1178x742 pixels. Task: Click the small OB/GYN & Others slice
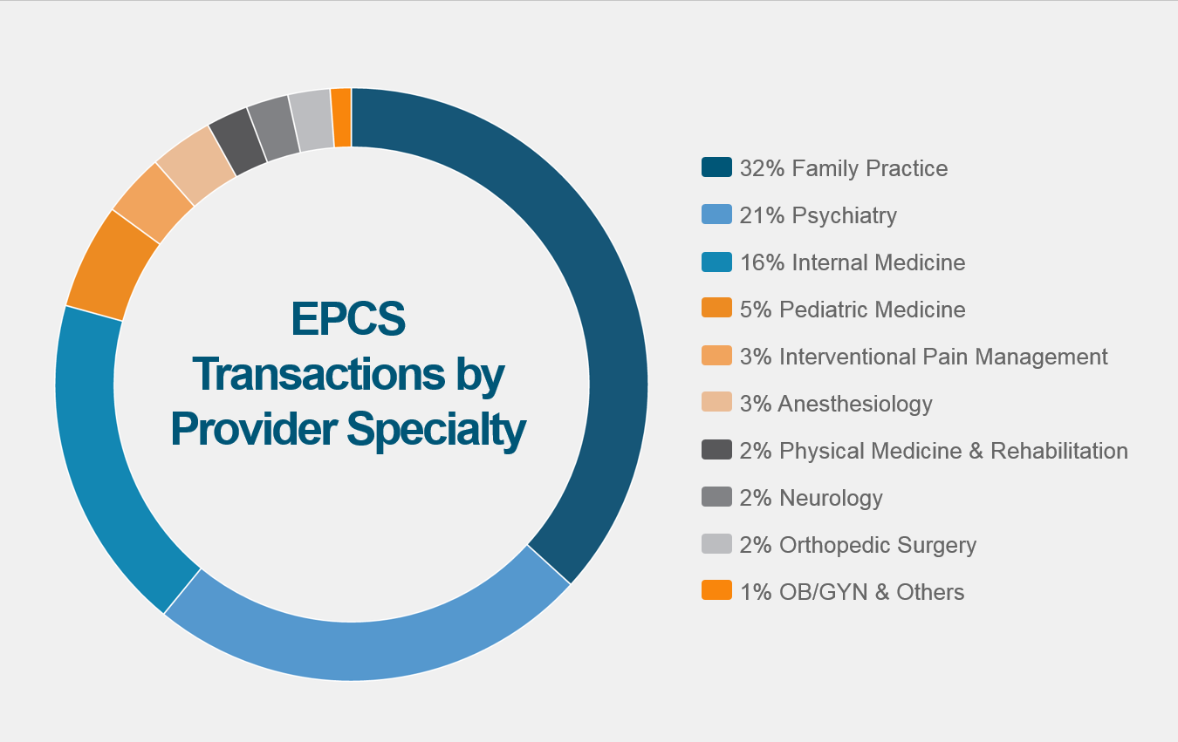pyautogui.click(x=341, y=118)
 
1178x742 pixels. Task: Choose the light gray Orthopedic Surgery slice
pyautogui.click(x=312, y=120)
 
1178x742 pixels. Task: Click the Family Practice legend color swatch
pyautogui.click(x=716, y=167)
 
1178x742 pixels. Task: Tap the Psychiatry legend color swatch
pyautogui.click(x=716, y=214)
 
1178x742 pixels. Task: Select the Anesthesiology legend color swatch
pyautogui.click(x=716, y=403)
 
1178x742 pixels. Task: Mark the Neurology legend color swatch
pyautogui.click(x=716, y=497)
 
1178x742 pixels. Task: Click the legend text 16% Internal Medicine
pyautogui.click(x=853, y=262)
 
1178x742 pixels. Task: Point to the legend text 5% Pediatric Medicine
pyautogui.click(x=853, y=310)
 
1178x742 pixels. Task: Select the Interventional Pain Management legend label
pyautogui.click(x=923, y=357)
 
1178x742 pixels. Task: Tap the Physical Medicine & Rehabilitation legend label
pyautogui.click(x=934, y=451)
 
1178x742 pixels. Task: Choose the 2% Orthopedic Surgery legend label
pyautogui.click(x=858, y=545)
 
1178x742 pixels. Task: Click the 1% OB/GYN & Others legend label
pyautogui.click(x=852, y=592)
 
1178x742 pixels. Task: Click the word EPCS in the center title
pyautogui.click(x=348, y=319)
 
